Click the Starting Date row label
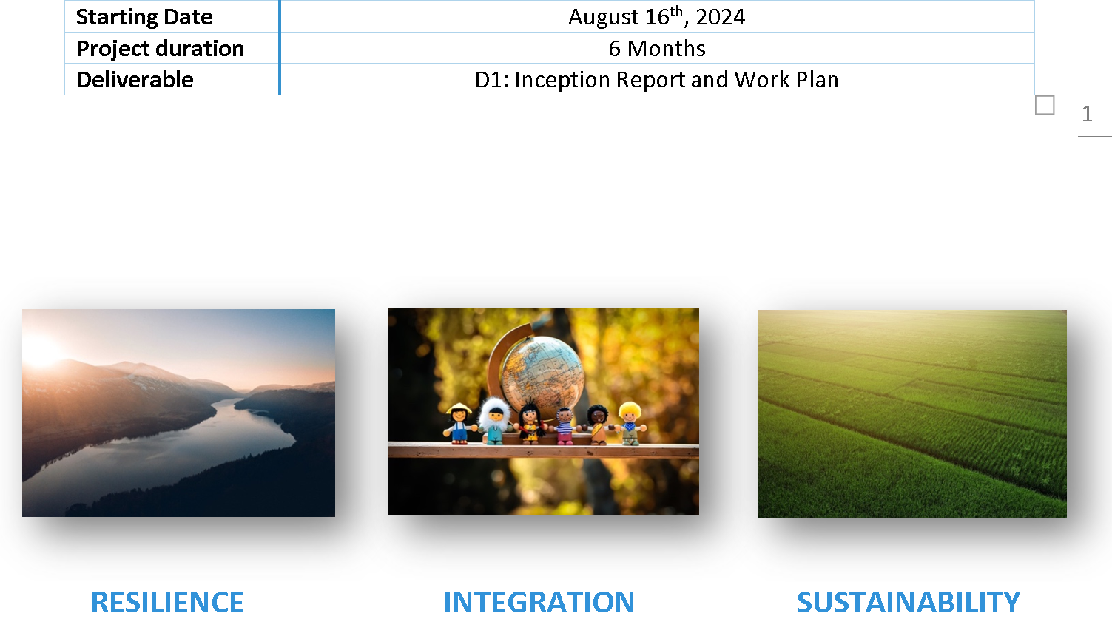point(144,17)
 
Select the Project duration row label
point(160,49)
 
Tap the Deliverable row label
point(135,80)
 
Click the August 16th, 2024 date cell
point(656,17)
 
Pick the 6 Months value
point(656,49)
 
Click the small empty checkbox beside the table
point(1045,106)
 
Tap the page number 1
point(1087,114)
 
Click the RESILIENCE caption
point(167,602)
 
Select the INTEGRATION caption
point(539,602)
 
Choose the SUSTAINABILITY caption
point(909,602)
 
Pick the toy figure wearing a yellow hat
point(459,422)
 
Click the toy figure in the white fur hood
point(493,419)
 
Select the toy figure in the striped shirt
point(565,425)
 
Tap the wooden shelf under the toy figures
point(543,450)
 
